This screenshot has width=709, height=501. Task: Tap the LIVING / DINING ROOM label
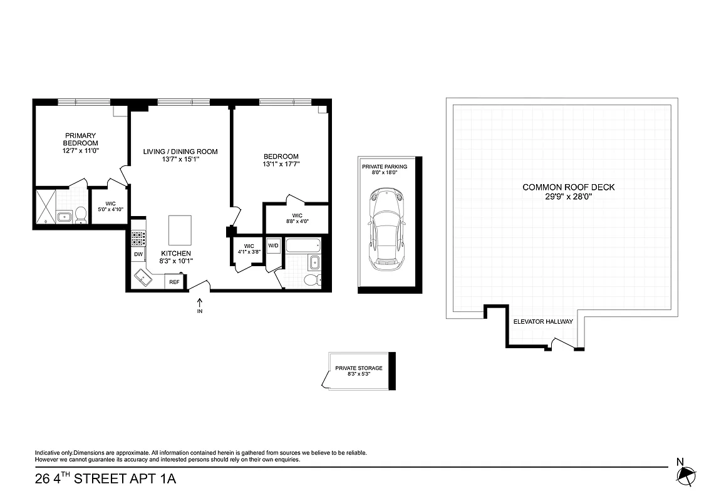pos(180,152)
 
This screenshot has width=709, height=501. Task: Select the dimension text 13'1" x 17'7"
pos(281,165)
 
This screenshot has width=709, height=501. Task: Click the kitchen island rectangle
pos(180,230)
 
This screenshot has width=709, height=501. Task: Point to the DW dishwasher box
pos(138,254)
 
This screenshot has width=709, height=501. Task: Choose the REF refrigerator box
pos(174,282)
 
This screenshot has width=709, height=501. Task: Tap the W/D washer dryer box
pos(273,245)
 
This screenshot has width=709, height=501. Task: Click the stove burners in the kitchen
pos(138,238)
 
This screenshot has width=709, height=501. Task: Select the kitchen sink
pos(145,277)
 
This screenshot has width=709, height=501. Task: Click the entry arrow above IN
pos(200,302)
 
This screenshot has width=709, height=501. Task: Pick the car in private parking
pos(385,229)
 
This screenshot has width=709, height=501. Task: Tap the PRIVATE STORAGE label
pos(358,368)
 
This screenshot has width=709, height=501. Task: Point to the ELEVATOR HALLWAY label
pos(543,321)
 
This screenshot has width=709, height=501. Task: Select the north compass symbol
pos(686,477)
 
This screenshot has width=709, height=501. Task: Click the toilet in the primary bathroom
pos(80,215)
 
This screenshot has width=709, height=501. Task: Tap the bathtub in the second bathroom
pos(303,245)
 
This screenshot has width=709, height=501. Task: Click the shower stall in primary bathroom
pos(45,207)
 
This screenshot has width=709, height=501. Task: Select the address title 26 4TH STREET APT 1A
pos(106,480)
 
